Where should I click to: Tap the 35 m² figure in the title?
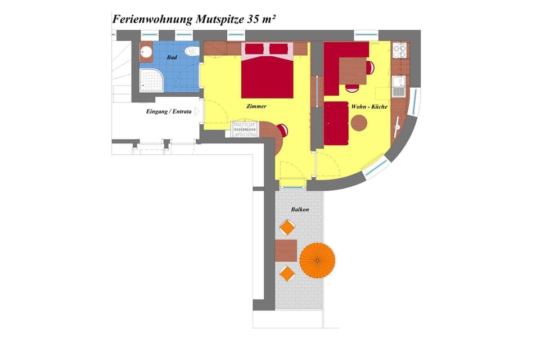[x=261, y=18]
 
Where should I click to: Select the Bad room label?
[x=172, y=57]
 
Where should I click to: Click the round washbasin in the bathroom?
[x=146, y=53]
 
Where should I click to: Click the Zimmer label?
[x=256, y=106]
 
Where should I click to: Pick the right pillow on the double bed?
[x=279, y=49]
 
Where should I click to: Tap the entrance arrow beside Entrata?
[x=197, y=111]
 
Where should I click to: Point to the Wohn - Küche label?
[x=368, y=106]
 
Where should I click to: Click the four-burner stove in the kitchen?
[x=399, y=51]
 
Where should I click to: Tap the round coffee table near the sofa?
[x=359, y=121]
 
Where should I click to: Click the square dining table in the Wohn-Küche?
[x=353, y=71]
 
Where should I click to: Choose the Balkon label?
[x=300, y=209]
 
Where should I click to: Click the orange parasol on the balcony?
[x=317, y=260]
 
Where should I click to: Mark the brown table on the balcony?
[x=286, y=250]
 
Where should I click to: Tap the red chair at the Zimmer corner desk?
[x=282, y=130]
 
